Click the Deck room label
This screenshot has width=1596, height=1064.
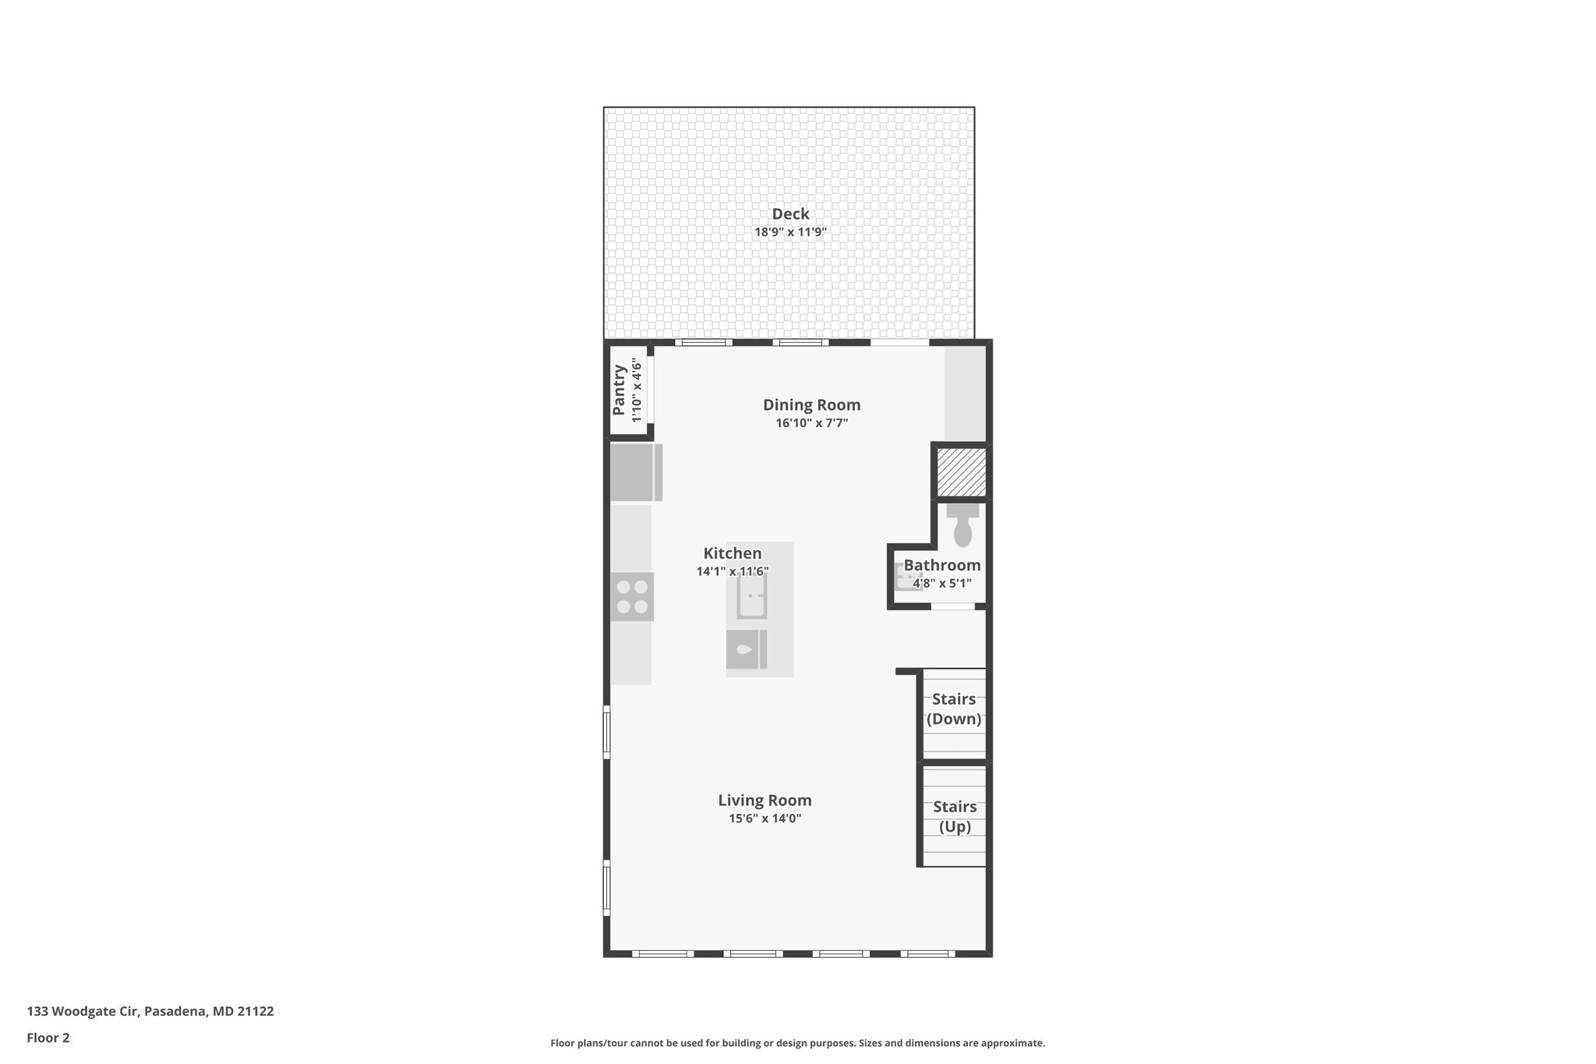(x=790, y=214)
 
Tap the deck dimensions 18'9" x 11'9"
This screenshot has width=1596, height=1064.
(x=790, y=232)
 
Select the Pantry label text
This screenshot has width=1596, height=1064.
(x=620, y=391)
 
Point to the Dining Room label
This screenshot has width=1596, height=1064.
(x=811, y=405)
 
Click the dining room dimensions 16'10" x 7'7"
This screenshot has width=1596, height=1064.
(x=811, y=424)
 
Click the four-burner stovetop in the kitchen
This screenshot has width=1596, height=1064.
(x=632, y=596)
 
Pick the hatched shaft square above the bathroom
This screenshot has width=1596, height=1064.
(x=961, y=472)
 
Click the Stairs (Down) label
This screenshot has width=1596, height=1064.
(x=954, y=709)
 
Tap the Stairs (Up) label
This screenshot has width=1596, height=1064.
(x=955, y=817)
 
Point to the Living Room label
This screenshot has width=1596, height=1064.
(x=764, y=801)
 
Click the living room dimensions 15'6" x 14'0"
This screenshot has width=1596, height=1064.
(x=764, y=819)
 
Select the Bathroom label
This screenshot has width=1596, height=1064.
(x=942, y=566)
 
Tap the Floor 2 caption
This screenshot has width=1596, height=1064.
(x=48, y=1038)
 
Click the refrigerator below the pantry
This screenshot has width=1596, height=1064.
(x=634, y=472)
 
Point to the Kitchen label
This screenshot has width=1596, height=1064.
(x=733, y=554)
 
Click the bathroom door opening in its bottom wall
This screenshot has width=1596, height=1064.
(x=953, y=606)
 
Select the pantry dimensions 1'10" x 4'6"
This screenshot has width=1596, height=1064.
(x=637, y=391)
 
